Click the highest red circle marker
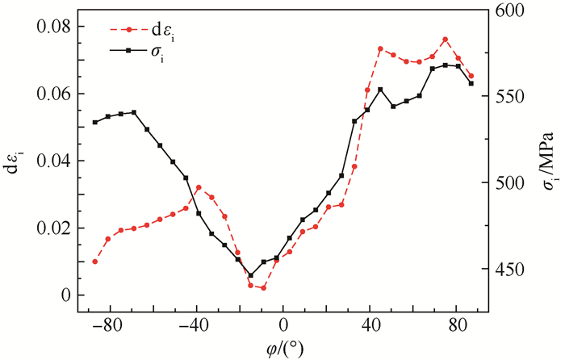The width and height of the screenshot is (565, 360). pos(445,40)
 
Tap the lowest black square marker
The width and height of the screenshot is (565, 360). pos(250,275)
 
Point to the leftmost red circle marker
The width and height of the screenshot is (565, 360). pos(94,262)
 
